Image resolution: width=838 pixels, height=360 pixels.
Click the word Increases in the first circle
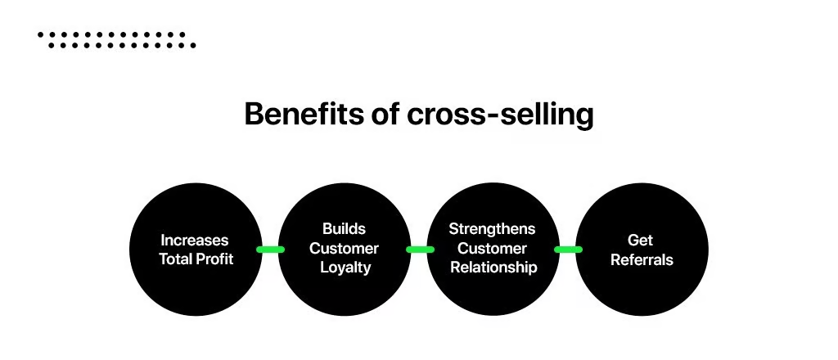point(195,241)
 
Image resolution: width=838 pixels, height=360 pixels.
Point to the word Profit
point(215,259)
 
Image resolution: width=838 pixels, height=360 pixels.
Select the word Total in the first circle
point(176,259)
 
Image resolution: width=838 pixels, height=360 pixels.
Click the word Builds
point(344,229)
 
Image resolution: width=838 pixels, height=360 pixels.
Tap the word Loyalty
point(344,268)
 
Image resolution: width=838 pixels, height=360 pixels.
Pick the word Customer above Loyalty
point(344,248)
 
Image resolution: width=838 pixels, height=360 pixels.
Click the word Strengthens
point(492,229)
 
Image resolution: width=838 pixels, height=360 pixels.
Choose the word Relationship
point(493,268)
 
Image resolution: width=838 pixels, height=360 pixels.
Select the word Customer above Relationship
point(492,248)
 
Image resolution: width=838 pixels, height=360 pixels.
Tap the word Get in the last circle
point(641,241)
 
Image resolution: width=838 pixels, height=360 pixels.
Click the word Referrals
point(641,259)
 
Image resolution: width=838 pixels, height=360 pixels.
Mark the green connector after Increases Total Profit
point(270,250)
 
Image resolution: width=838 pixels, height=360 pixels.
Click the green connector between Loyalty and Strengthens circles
point(419,250)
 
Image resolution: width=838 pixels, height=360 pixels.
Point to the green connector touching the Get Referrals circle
point(567,250)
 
